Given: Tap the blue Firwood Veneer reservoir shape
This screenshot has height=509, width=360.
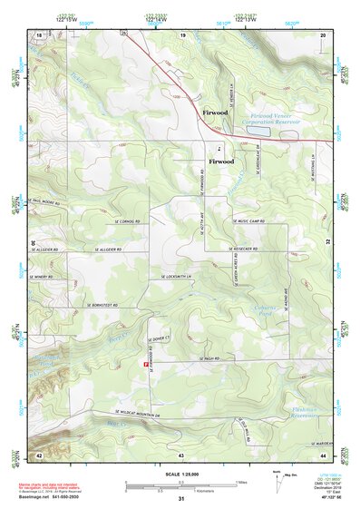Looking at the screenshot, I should tap(258, 131).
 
